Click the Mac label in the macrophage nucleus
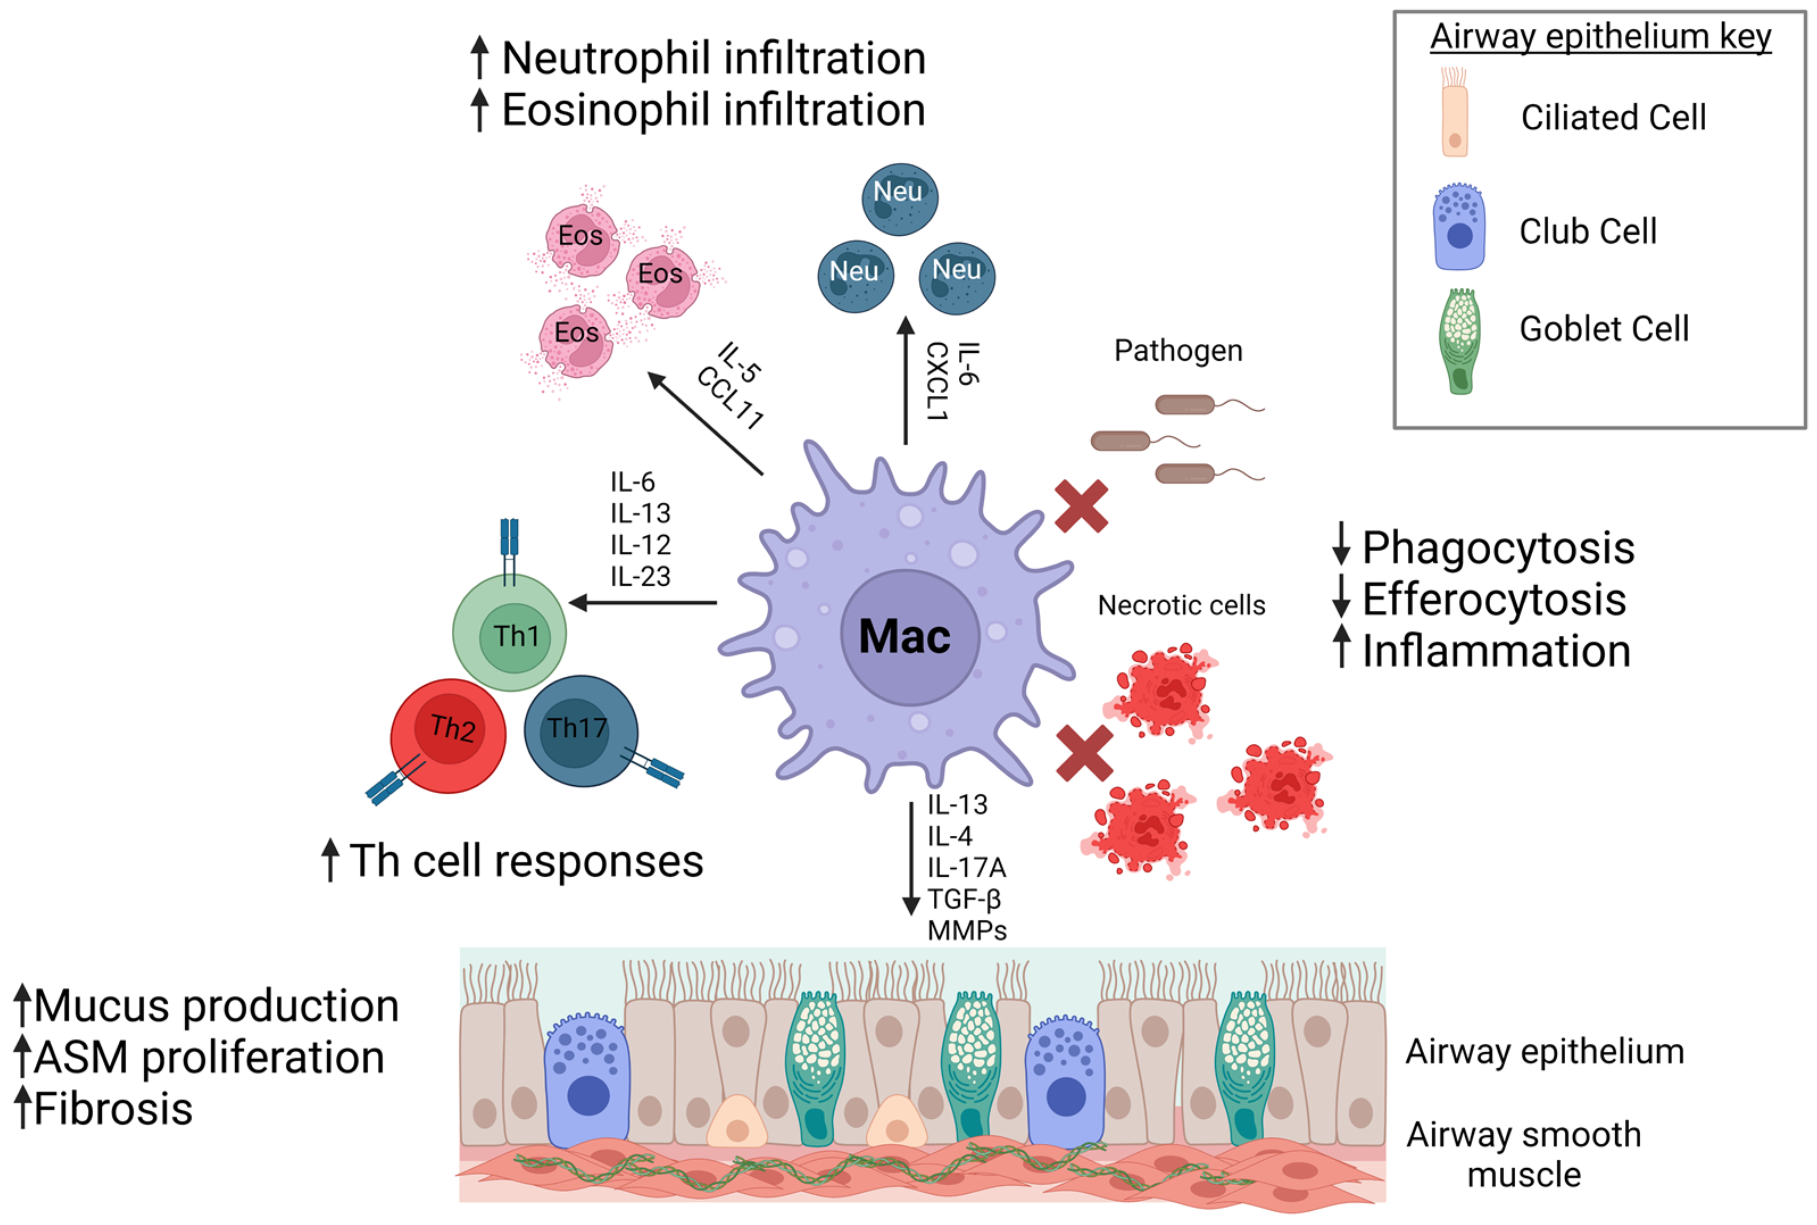[x=904, y=636]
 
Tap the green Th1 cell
[x=510, y=633]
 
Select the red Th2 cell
[x=448, y=734]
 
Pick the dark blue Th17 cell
[x=579, y=731]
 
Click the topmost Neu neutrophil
[x=900, y=198]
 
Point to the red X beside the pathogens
[x=1081, y=506]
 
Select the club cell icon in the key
[x=1458, y=228]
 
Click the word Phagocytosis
[x=1498, y=548]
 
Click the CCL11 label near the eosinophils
[x=729, y=398]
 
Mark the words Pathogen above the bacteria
[x=1178, y=351]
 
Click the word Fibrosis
[x=113, y=1109]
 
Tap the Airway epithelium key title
[x=1600, y=37]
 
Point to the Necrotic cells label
[x=1181, y=606]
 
